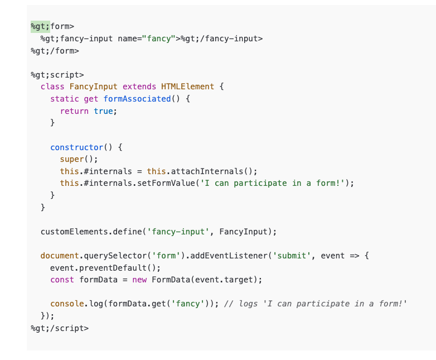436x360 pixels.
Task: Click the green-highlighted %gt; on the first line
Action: point(40,26)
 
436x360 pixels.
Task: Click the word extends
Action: point(139,87)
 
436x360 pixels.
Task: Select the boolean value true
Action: point(103,111)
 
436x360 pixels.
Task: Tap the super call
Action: point(72,160)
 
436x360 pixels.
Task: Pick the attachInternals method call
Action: point(206,171)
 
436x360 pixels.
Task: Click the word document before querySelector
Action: point(60,256)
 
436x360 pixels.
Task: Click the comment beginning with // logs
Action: point(316,304)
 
